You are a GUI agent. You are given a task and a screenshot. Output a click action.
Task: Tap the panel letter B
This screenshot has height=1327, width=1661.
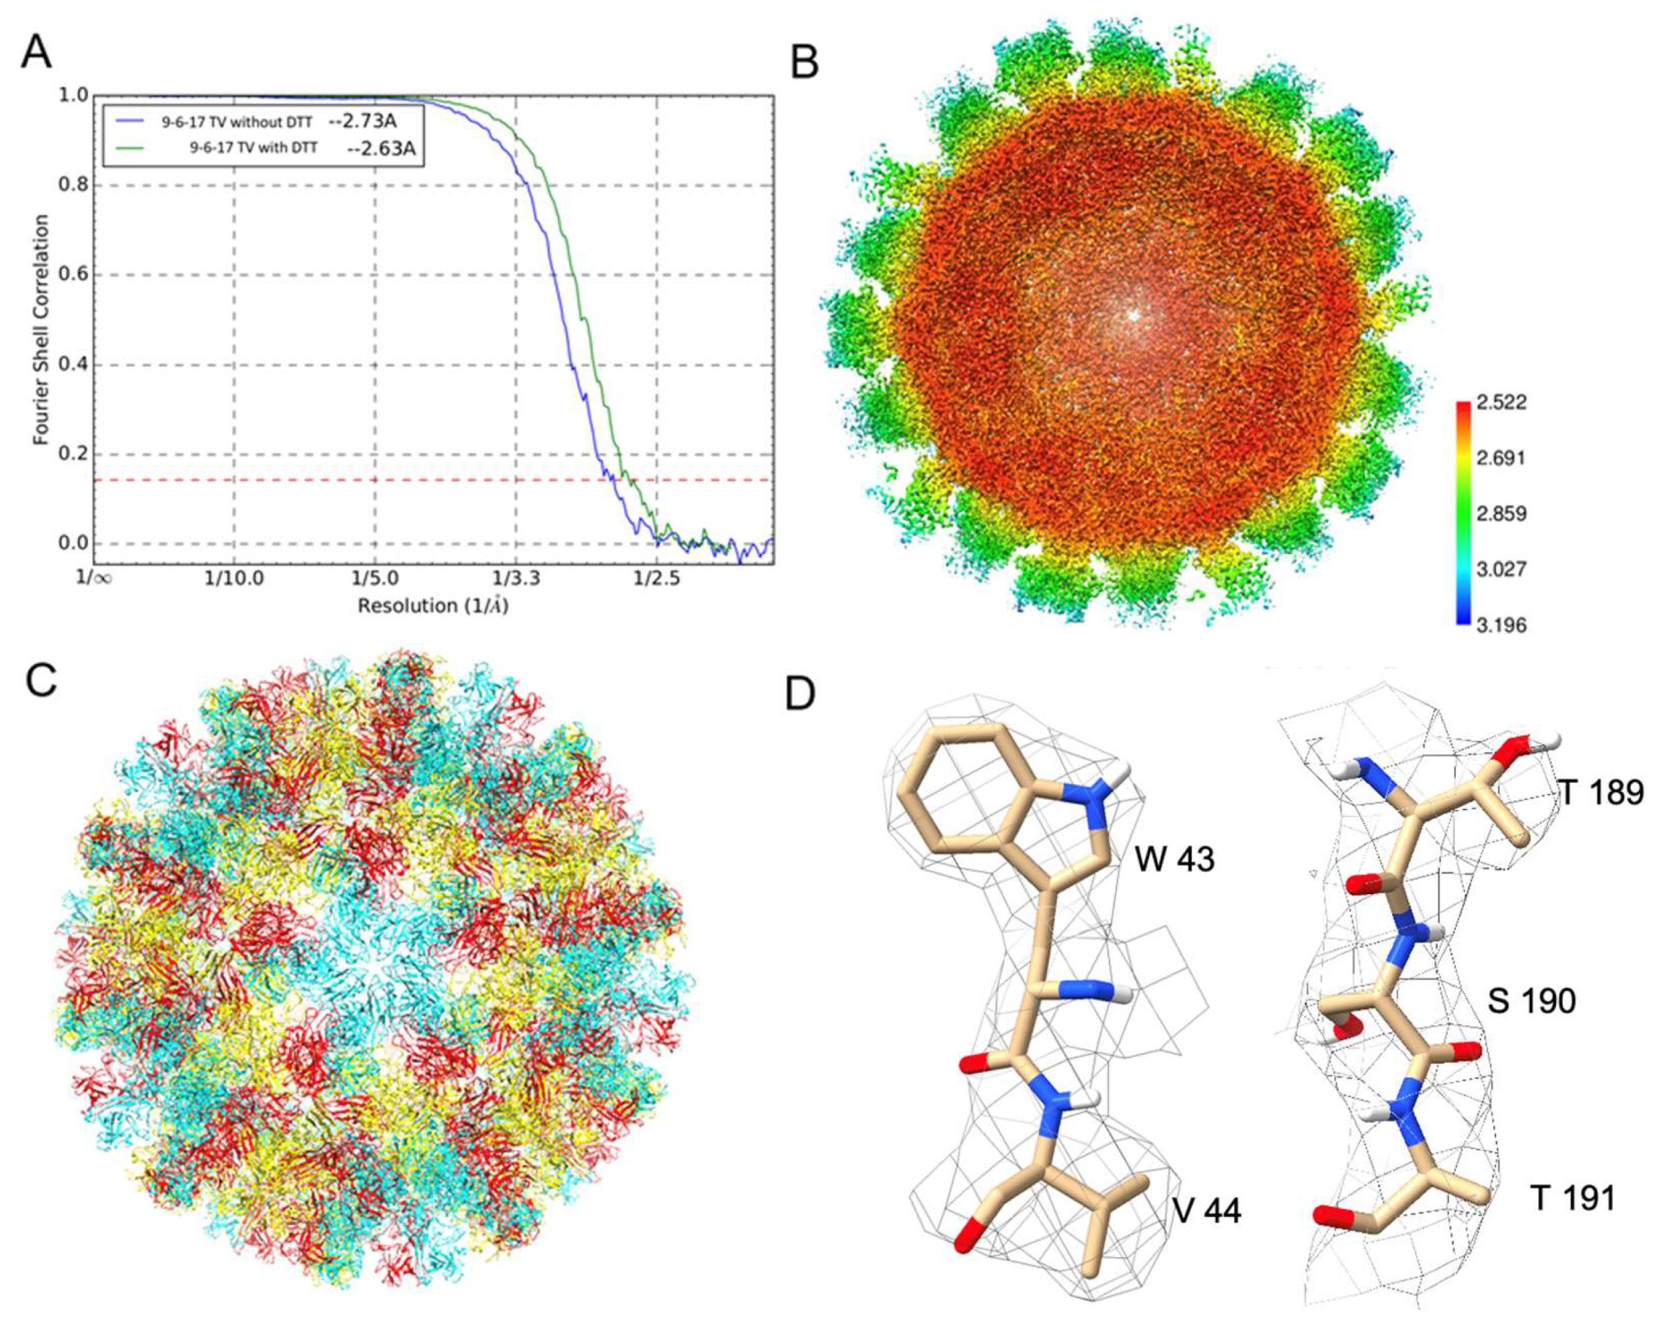pos(805,62)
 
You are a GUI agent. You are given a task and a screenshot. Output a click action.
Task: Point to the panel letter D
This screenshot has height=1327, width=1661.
pos(800,694)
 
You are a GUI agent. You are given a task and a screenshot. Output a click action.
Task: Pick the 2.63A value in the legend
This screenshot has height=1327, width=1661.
pos(381,148)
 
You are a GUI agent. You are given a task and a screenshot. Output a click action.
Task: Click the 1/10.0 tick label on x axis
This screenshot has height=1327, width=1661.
pos(233,577)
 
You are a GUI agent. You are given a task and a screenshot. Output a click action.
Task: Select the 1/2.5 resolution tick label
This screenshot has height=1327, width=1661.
pos(656,577)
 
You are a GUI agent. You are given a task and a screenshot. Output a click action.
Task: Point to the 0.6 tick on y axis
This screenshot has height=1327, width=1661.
pos(74,275)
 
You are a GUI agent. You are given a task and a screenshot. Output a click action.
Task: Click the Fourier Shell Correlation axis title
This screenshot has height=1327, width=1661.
pos(42,329)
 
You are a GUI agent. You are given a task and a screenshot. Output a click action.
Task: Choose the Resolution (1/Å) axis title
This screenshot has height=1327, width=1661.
pos(433,606)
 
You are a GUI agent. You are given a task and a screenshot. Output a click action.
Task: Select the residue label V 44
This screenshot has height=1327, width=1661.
pos(1207,1211)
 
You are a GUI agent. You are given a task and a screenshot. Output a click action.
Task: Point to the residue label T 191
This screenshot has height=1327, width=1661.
pos(1572,1199)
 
